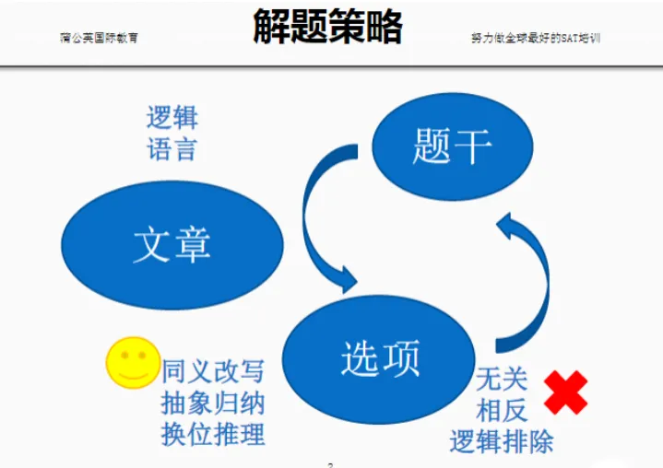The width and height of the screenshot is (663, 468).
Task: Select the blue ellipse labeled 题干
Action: coord(452,146)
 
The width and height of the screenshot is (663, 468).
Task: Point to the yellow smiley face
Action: coord(132,362)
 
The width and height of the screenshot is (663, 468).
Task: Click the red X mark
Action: coord(565,392)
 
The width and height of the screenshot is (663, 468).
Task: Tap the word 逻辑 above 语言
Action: coord(172,118)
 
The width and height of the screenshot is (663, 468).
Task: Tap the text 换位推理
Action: coord(213,433)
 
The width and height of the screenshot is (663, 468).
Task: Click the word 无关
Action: coord(502,378)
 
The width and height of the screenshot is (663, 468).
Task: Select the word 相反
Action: coord(502,408)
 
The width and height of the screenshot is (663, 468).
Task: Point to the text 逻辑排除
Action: coord(502,440)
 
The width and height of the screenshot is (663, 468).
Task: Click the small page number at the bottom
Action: coord(330,464)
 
